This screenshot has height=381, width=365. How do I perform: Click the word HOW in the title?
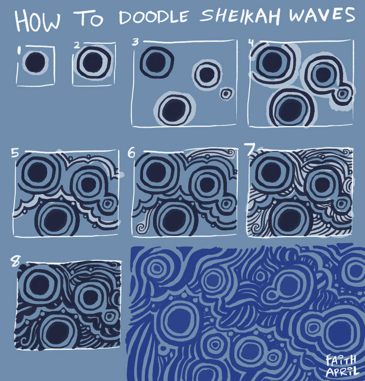tap(38, 20)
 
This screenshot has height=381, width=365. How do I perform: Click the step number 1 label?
tap(19, 50)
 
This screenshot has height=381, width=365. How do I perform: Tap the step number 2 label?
tap(76, 45)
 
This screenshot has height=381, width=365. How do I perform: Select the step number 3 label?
tap(135, 42)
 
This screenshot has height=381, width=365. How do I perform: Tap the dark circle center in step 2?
tap(92, 63)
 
